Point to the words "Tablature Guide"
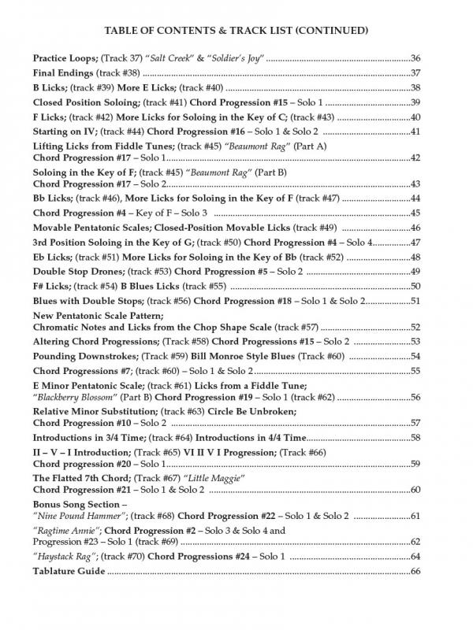[x=69, y=571]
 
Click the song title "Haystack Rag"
[x=65, y=557]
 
